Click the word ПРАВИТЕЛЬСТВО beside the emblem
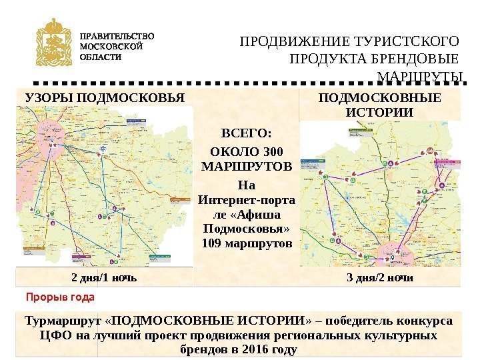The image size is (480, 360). pos(117,36)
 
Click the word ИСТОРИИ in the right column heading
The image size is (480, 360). pos(379,112)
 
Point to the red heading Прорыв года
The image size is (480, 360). pos(60,295)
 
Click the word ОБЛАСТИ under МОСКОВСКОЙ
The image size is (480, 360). pos(100,57)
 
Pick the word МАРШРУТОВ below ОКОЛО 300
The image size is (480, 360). pos(246,165)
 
